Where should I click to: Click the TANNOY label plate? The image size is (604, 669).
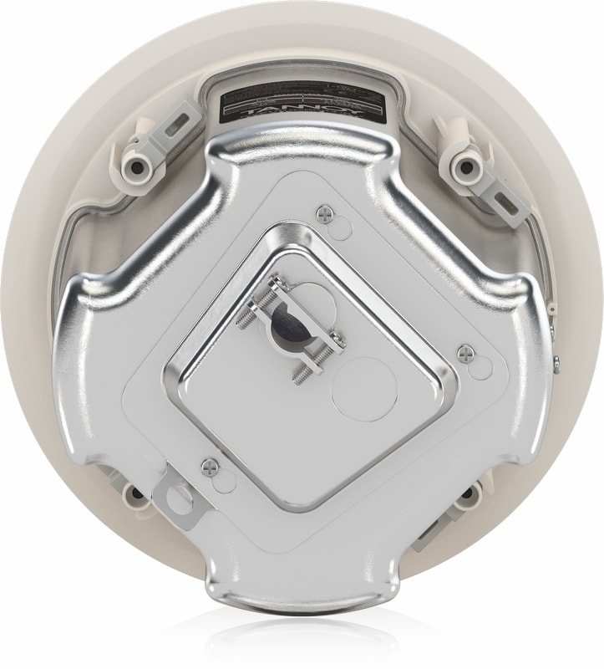pos(302,101)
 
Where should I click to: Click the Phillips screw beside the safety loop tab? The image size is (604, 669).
pos(208,462)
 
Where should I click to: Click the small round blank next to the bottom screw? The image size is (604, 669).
pos(219,480)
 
